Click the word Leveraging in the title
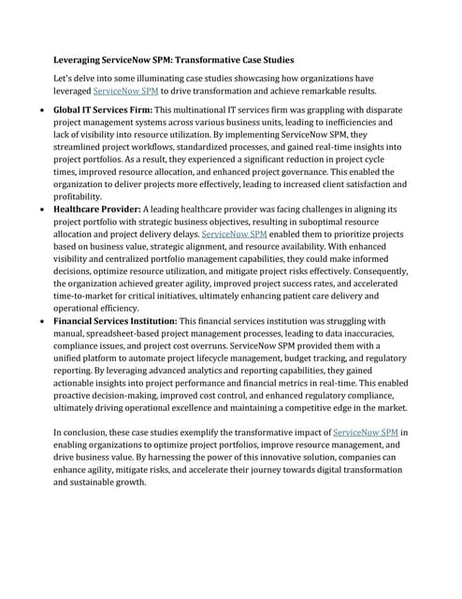coord(80,59)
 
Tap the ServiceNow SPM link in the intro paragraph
coord(125,92)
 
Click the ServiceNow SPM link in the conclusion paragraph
coord(366,432)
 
